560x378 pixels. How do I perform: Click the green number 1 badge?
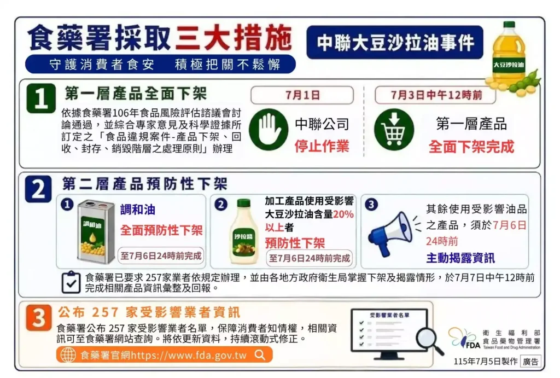pyautogui.click(x=41, y=98)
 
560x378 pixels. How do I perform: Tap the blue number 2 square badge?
pyautogui.click(x=38, y=189)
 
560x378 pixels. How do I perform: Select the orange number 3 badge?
pyautogui.click(x=39, y=317)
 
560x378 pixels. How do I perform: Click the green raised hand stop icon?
pyautogui.click(x=269, y=129)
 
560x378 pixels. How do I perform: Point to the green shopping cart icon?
pyautogui.click(x=394, y=129)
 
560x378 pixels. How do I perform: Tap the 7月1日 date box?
pyautogui.click(x=302, y=95)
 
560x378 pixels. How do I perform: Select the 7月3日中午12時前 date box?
pyautogui.click(x=435, y=95)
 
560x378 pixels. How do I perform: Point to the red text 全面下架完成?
pyautogui.click(x=471, y=147)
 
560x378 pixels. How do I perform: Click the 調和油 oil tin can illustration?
pyautogui.click(x=96, y=231)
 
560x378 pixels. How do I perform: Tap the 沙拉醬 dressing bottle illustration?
pyautogui.click(x=244, y=231)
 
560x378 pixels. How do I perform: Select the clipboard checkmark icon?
pyautogui.click(x=71, y=282)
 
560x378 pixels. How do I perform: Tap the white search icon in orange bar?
pyautogui.click(x=260, y=355)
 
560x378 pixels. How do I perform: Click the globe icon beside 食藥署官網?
pyautogui.click(x=68, y=355)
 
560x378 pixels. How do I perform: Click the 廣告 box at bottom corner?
pyautogui.click(x=530, y=362)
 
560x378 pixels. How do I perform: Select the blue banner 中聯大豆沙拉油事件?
pyautogui.click(x=395, y=43)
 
